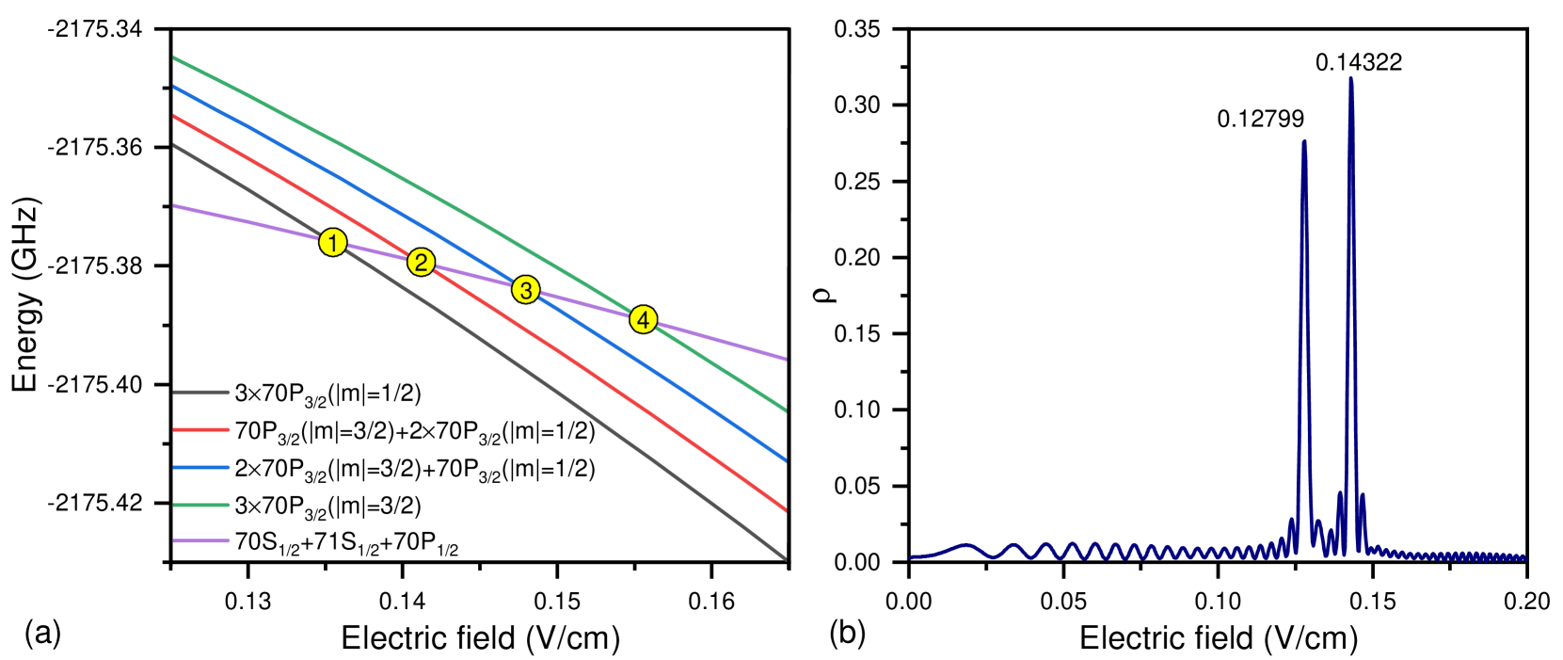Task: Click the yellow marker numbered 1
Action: coord(332,243)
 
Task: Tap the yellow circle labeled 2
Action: coord(421,263)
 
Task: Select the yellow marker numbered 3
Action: coord(525,290)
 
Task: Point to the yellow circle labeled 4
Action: coord(643,320)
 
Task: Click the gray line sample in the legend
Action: coord(201,392)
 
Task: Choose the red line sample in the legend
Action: coord(201,429)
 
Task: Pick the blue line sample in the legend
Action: coord(201,467)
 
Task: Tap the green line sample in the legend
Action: coord(201,505)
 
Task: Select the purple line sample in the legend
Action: coord(201,540)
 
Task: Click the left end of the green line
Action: coord(174,58)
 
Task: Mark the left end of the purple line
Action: coord(174,205)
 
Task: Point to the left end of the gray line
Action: coord(174,145)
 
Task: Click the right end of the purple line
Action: coord(785,359)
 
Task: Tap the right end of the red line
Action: coord(785,510)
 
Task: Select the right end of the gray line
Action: coord(785,559)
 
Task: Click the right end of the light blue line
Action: coord(785,460)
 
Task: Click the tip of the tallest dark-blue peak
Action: coord(1350,79)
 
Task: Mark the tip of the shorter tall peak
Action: coord(1303,141)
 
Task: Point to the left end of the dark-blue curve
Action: coord(911,557)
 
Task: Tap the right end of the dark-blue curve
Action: coord(1524,557)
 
